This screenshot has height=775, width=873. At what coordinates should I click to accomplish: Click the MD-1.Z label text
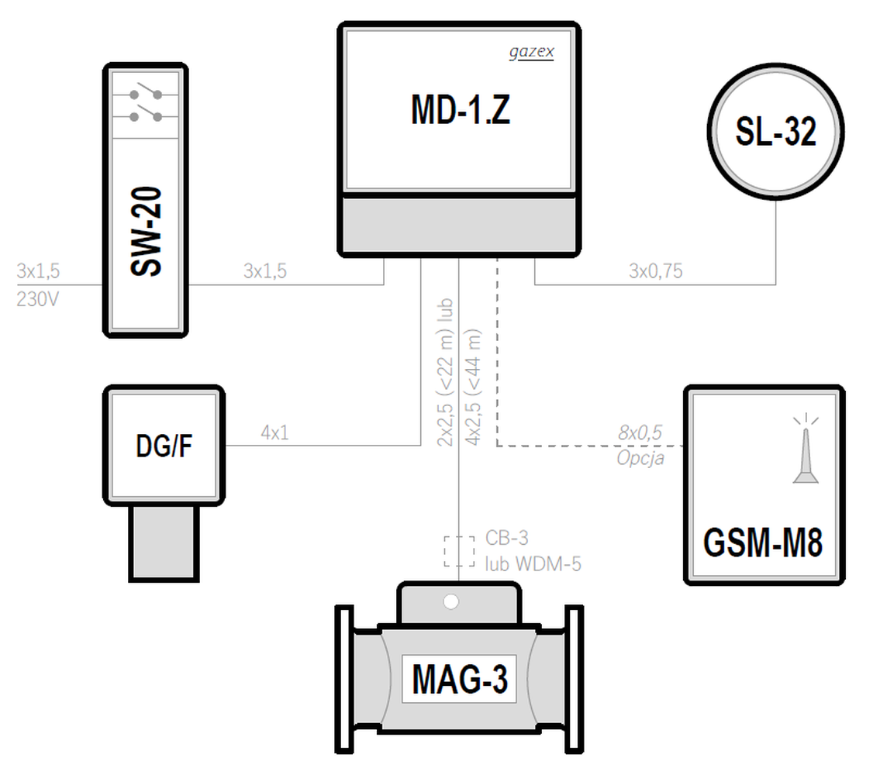click(x=461, y=109)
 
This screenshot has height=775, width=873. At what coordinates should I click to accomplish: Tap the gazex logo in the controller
click(x=532, y=52)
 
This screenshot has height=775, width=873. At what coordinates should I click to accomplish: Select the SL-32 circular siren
click(x=775, y=131)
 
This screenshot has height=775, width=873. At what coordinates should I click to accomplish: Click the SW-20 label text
click(x=146, y=231)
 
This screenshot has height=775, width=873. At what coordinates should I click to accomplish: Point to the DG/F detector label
click(x=164, y=446)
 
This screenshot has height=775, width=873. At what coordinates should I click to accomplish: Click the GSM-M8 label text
click(x=763, y=542)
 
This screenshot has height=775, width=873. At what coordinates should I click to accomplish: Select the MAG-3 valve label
click(x=460, y=679)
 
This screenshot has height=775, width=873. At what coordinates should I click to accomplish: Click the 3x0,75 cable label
click(x=655, y=271)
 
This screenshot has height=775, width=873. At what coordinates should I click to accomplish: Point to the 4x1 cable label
click(x=274, y=432)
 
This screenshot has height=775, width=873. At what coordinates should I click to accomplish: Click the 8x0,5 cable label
click(x=640, y=432)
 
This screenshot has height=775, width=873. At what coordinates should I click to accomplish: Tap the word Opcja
click(x=640, y=458)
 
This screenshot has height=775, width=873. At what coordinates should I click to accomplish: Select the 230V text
click(x=37, y=299)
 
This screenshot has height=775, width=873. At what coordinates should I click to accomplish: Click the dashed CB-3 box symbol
click(x=459, y=551)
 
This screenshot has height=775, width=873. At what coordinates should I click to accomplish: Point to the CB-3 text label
click(x=506, y=538)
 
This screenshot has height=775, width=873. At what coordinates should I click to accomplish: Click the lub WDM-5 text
click(x=533, y=564)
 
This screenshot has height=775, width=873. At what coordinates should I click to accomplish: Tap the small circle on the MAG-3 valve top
click(x=451, y=602)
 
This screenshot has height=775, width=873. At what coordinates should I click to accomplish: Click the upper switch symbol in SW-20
click(x=146, y=92)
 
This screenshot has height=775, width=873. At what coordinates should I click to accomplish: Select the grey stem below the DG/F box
click(x=164, y=543)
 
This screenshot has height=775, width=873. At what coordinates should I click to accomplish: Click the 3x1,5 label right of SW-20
click(x=265, y=271)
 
